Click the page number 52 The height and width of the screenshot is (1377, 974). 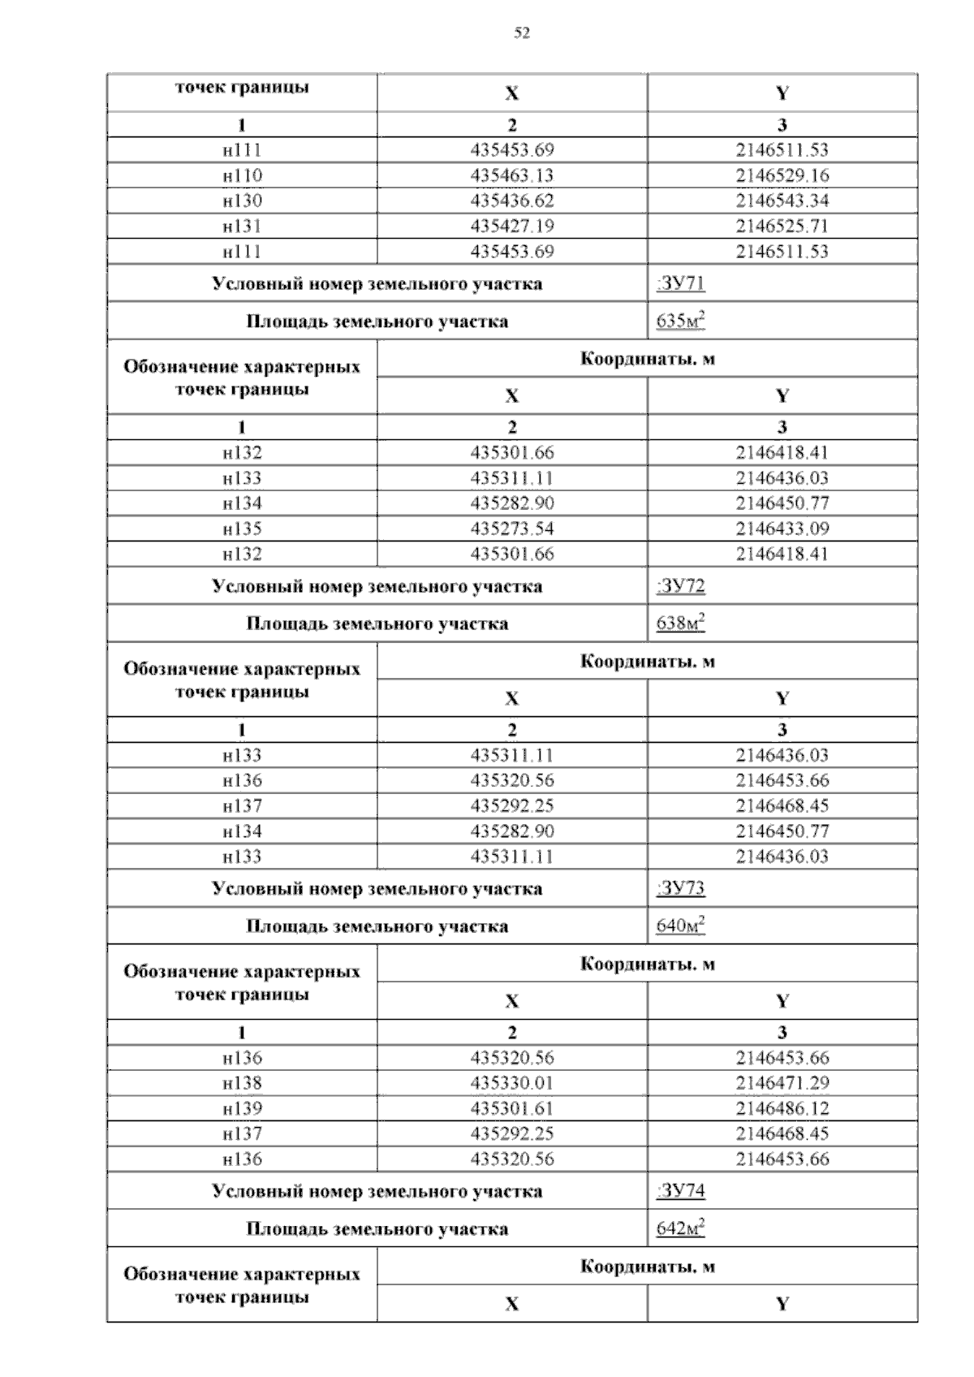(x=522, y=33)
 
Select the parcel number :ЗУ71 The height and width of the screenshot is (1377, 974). (x=680, y=283)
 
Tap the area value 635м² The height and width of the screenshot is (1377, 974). (x=680, y=322)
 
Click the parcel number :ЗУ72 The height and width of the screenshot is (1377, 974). (x=680, y=586)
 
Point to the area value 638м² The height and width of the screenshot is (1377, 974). (x=680, y=624)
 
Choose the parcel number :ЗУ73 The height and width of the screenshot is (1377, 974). (x=680, y=888)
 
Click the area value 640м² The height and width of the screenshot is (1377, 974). (x=680, y=926)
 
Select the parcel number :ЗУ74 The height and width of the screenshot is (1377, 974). (x=680, y=1191)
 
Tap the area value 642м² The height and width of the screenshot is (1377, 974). (x=680, y=1228)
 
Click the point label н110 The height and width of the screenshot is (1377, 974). (x=242, y=175)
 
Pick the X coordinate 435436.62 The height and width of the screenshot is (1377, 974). (x=512, y=201)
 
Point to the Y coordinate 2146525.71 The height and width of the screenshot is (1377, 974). (x=782, y=226)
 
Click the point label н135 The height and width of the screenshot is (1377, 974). (x=242, y=529)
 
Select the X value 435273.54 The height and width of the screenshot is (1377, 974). (x=512, y=529)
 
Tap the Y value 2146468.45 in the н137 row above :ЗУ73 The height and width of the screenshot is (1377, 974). (x=782, y=805)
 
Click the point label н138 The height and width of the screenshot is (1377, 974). (x=242, y=1083)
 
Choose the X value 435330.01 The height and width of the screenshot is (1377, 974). (x=512, y=1083)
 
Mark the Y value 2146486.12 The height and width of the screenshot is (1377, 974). (x=782, y=1108)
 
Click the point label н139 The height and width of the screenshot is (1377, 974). (x=242, y=1108)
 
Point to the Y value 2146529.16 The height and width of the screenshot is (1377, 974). (x=782, y=175)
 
